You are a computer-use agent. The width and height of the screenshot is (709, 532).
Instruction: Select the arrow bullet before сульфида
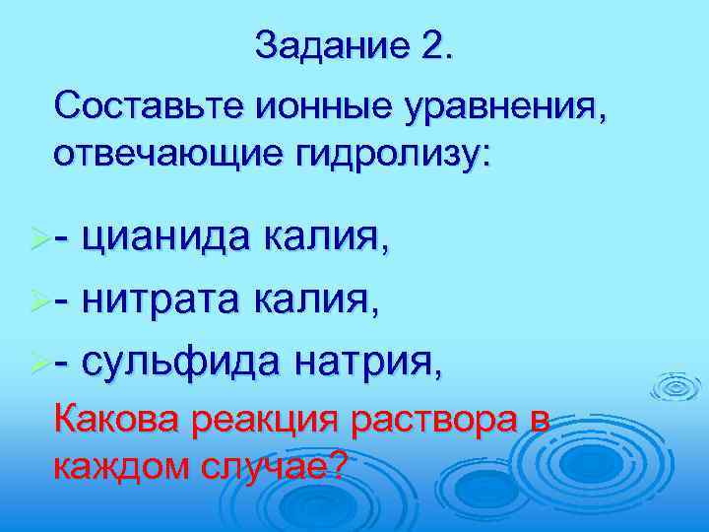click(40, 366)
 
